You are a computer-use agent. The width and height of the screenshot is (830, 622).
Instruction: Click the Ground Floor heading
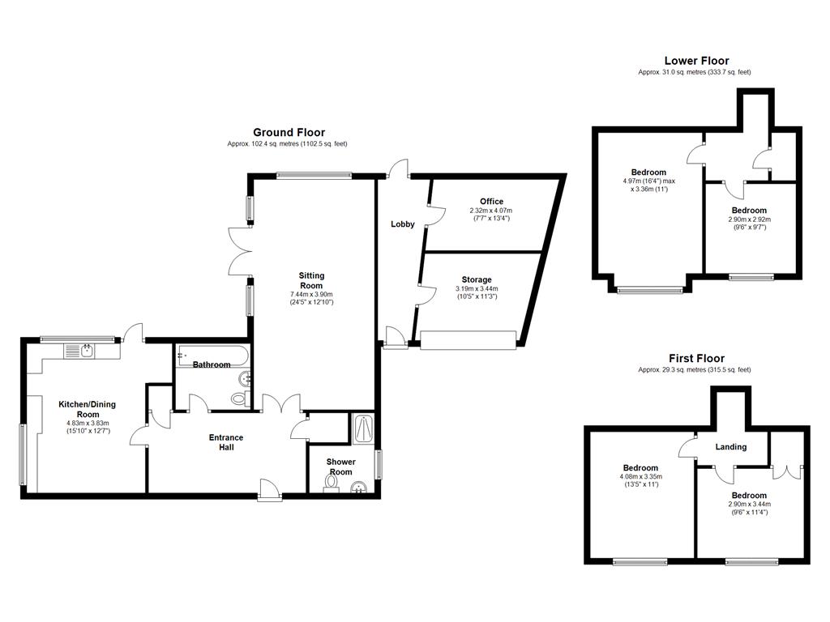tap(289, 133)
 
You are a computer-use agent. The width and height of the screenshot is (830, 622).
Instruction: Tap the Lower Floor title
tap(696, 61)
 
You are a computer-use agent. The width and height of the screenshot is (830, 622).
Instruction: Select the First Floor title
tap(696, 359)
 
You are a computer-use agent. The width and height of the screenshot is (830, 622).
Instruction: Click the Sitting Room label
tap(311, 280)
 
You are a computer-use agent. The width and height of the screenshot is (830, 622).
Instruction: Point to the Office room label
tap(492, 202)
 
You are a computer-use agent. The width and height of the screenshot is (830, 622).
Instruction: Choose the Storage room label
tap(477, 279)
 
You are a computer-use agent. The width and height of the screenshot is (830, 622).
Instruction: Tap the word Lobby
tap(402, 224)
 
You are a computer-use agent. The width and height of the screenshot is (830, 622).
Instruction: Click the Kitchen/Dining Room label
tap(88, 409)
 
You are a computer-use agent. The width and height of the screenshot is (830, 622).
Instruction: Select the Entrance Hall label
tap(226, 442)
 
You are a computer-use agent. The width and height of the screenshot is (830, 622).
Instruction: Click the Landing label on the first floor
tap(731, 447)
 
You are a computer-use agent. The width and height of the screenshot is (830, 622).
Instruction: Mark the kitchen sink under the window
tap(79, 351)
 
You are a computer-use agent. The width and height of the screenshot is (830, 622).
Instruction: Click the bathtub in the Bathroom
tap(212, 356)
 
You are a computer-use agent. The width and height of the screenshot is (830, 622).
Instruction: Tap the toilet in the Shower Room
tap(332, 483)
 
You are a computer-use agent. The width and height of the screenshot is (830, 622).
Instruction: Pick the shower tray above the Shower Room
tap(363, 428)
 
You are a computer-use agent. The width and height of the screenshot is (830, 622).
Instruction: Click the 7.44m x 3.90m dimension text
tap(311, 295)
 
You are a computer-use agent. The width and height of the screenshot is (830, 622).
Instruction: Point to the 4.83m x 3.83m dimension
tap(88, 423)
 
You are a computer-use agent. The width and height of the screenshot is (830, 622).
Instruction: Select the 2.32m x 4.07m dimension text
tap(491, 211)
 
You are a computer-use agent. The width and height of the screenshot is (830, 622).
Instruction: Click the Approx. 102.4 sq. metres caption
tap(288, 144)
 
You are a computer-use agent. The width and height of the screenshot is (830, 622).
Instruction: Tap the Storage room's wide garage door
tap(468, 340)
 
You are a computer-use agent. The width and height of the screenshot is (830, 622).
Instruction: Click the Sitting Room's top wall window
tap(314, 176)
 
